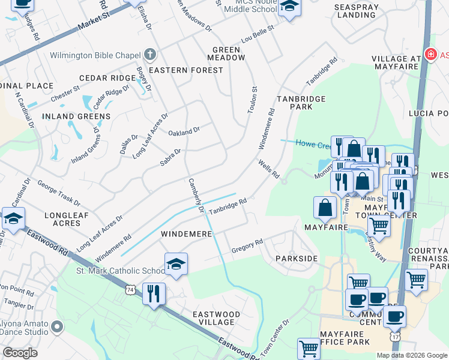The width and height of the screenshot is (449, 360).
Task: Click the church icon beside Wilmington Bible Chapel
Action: point(150,55)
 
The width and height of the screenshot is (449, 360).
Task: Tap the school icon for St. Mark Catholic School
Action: point(176,264)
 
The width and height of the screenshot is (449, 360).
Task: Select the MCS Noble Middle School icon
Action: point(289,7)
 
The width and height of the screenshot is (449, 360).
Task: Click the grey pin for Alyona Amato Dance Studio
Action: point(57,327)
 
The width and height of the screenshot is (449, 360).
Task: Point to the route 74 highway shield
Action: point(130,290)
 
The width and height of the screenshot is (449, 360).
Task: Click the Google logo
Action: point(20,353)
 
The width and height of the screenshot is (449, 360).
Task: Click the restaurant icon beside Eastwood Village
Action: point(154,294)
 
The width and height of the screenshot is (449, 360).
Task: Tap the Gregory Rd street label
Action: point(247,245)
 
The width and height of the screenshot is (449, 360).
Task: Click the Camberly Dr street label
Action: point(196,196)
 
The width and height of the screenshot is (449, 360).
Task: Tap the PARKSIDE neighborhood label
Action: point(296,258)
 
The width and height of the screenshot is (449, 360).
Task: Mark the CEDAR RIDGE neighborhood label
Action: point(108,79)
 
